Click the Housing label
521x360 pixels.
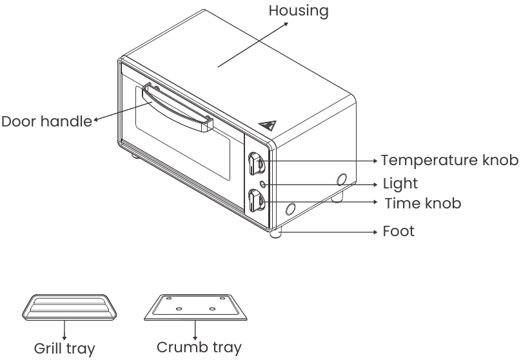pyautogui.click(x=299, y=11)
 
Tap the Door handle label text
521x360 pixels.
pyautogui.click(x=46, y=121)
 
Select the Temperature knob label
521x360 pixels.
pyautogui.click(x=449, y=159)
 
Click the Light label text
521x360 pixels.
pyautogui.click(x=400, y=184)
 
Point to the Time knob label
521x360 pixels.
pyautogui.click(x=423, y=203)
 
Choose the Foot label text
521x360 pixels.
pyautogui.click(x=398, y=231)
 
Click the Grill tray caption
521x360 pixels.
pyautogui.click(x=64, y=349)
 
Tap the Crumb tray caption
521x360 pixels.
pyautogui.click(x=199, y=348)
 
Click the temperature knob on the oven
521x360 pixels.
pyautogui.click(x=256, y=163)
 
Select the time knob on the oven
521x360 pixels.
pyautogui.click(x=255, y=203)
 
